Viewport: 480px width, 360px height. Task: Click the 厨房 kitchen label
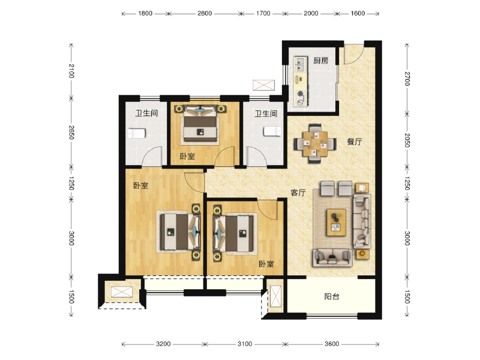[x=320, y=61]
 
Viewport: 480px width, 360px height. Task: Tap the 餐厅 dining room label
[x=355, y=142]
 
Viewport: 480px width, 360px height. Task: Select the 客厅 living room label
[x=298, y=193]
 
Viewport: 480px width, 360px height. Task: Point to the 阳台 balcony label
[x=332, y=296]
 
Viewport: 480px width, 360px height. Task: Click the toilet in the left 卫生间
[x=137, y=133]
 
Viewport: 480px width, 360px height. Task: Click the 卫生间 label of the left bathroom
[x=146, y=113]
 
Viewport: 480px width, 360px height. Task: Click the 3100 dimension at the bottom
[x=244, y=344]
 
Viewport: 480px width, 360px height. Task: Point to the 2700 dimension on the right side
[x=407, y=79]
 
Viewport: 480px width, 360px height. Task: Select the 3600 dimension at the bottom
[x=332, y=344]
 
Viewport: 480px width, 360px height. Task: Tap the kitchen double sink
[x=300, y=64]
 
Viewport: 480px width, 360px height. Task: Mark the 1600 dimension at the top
[x=358, y=13]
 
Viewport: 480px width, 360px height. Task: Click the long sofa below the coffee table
[x=332, y=257]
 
